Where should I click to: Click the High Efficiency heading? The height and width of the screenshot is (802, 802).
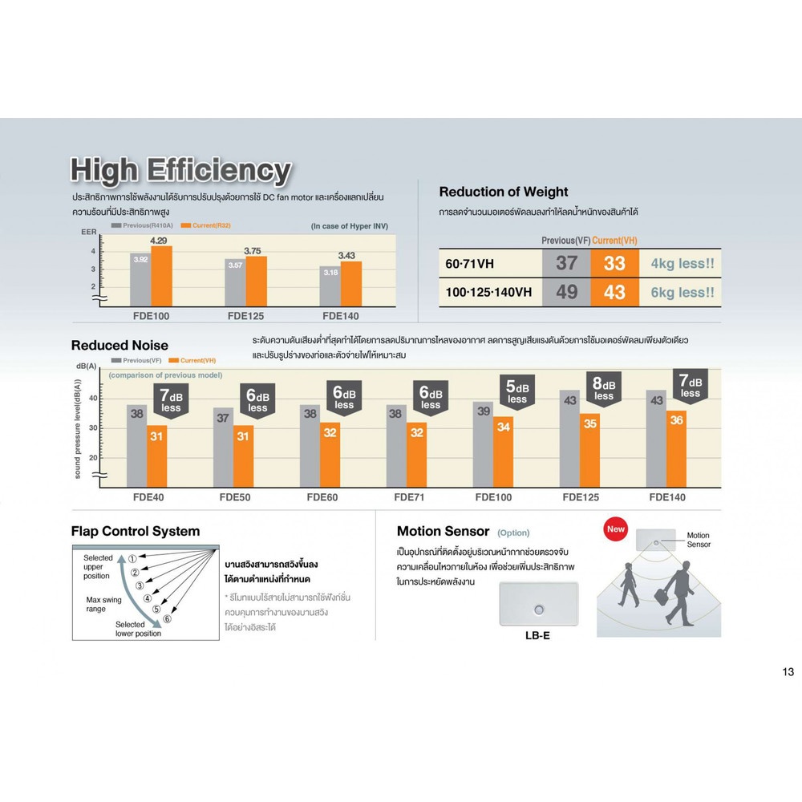[x=180, y=170]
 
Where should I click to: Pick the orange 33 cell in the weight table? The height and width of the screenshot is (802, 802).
[x=614, y=263]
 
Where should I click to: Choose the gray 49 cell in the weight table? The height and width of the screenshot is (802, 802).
[x=566, y=291]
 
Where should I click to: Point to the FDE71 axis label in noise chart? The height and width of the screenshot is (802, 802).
[x=408, y=497]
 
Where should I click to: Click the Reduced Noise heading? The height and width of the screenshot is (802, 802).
[x=119, y=345]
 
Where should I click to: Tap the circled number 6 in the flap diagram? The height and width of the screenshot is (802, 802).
[x=167, y=618]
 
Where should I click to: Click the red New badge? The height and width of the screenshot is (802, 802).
[x=616, y=529]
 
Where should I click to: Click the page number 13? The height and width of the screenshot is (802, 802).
[x=787, y=672]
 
